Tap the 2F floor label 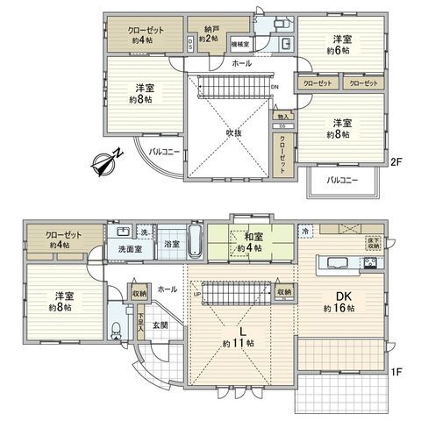click(396, 161)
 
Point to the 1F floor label click(396, 372)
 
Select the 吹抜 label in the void click(232, 132)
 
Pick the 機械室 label click(239, 42)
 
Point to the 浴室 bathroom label click(171, 244)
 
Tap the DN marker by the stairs click(275, 87)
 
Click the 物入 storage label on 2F click(282, 116)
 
